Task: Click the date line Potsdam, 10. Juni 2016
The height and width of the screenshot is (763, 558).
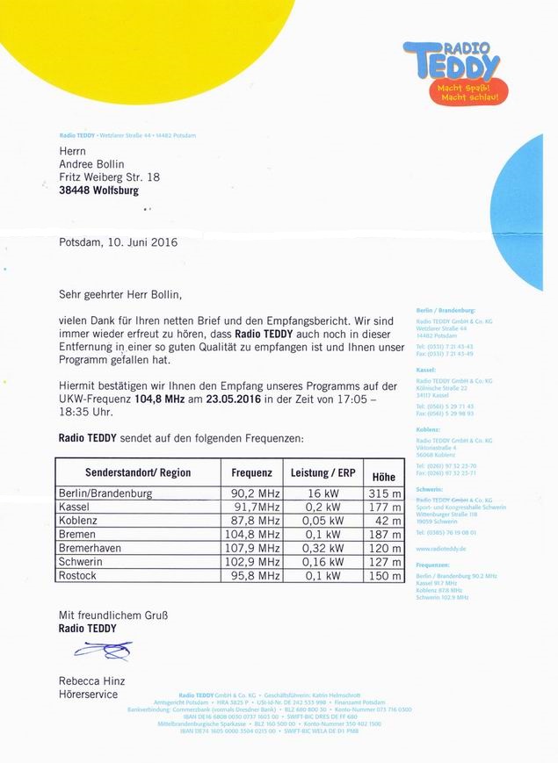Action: click(x=119, y=241)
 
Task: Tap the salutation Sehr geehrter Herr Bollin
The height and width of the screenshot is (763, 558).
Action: click(x=124, y=293)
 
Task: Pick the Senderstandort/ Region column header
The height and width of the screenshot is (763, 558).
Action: click(x=138, y=471)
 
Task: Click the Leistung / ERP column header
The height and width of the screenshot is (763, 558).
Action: click(x=322, y=471)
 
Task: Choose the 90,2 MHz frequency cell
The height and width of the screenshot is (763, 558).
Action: click(x=256, y=493)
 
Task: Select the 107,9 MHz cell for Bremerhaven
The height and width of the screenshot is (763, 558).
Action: click(x=256, y=548)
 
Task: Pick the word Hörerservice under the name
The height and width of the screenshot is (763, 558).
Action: click(x=88, y=694)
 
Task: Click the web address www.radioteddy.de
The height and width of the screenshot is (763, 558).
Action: click(x=440, y=548)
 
